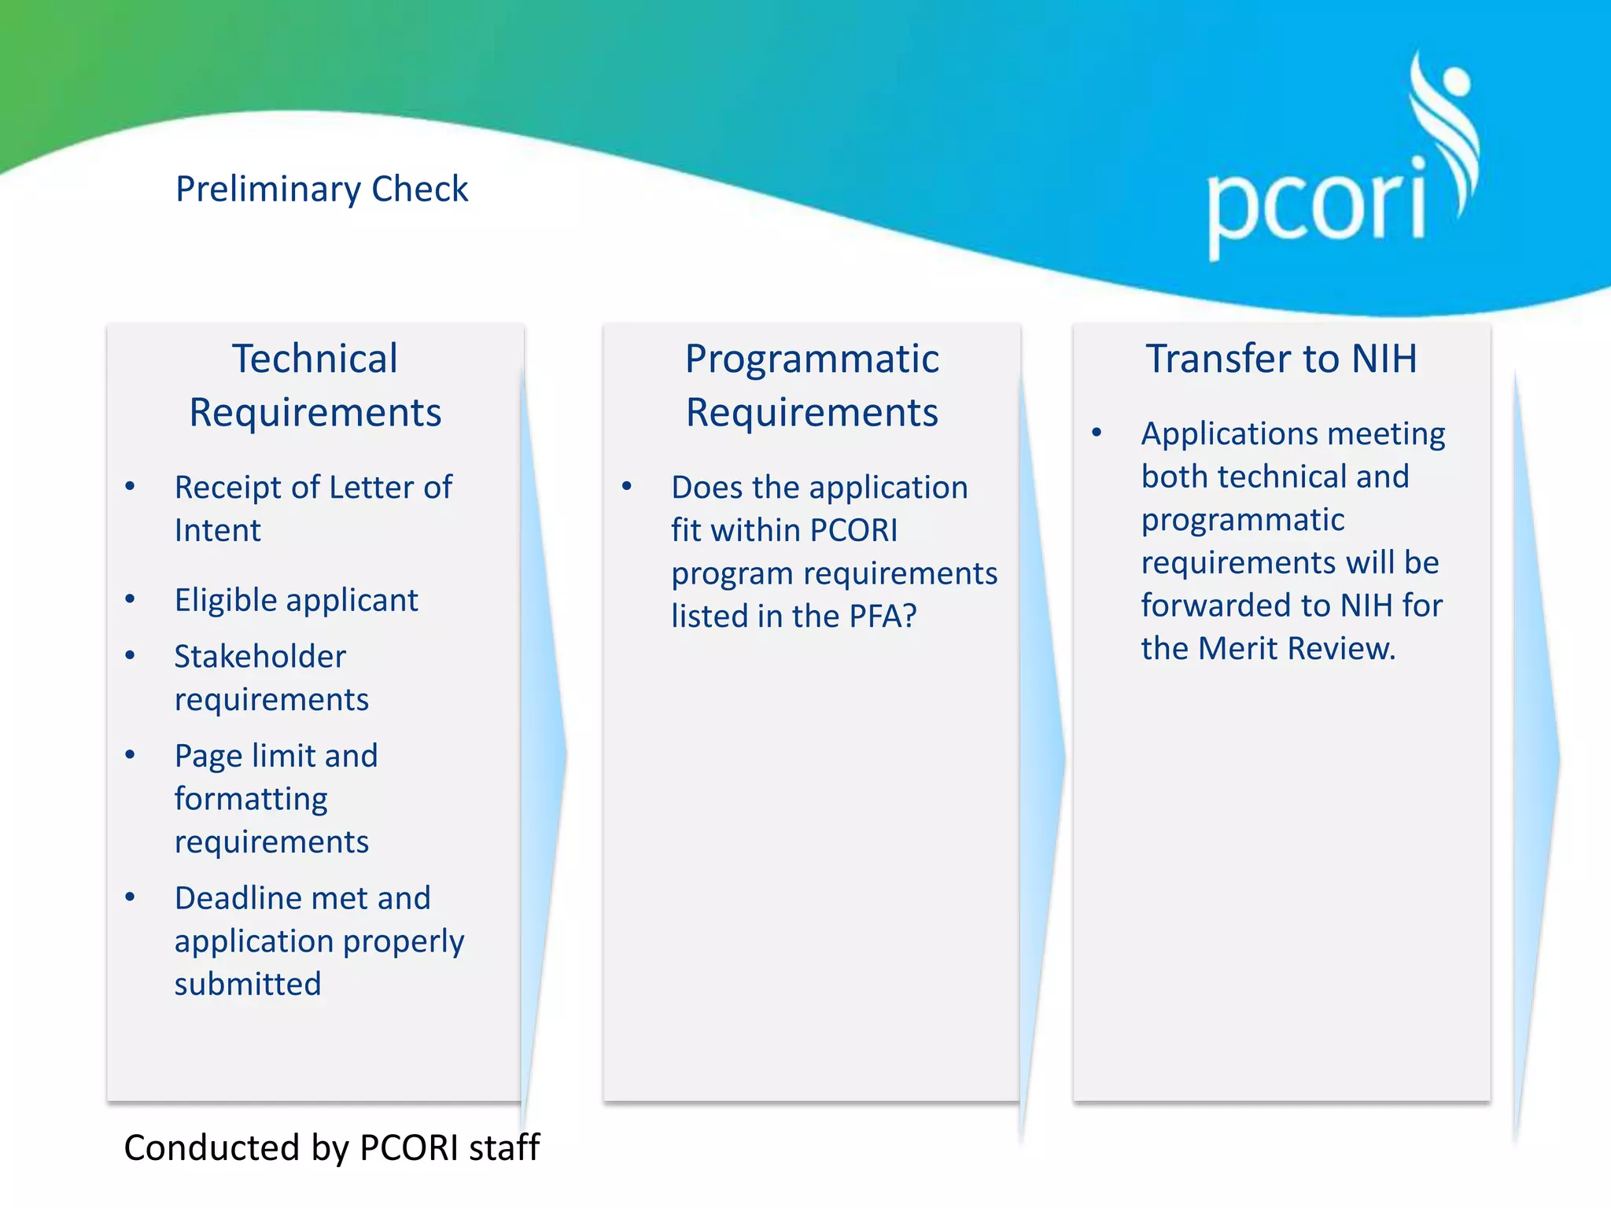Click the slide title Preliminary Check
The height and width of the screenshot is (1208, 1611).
click(x=321, y=190)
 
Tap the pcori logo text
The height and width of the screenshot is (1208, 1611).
click(x=1316, y=206)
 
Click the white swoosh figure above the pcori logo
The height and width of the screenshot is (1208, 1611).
click(x=1447, y=126)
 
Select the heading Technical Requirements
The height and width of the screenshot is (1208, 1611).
click(x=315, y=385)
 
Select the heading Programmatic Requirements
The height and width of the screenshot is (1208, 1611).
click(x=812, y=385)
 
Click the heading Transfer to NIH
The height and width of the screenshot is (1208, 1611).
click(x=1281, y=359)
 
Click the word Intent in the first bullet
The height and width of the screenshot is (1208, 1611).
click(x=217, y=531)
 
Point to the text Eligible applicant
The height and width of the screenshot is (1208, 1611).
click(x=296, y=600)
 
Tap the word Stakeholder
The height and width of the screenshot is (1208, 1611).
click(x=260, y=657)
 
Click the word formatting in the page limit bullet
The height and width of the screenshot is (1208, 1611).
click(x=251, y=799)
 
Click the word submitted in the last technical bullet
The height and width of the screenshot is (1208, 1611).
click(x=248, y=984)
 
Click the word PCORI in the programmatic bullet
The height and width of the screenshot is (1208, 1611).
click(x=853, y=531)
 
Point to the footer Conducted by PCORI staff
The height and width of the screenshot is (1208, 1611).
click(x=331, y=1147)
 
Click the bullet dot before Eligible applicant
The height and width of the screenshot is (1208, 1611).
click(x=131, y=599)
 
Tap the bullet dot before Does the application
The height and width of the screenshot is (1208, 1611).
click(x=627, y=486)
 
